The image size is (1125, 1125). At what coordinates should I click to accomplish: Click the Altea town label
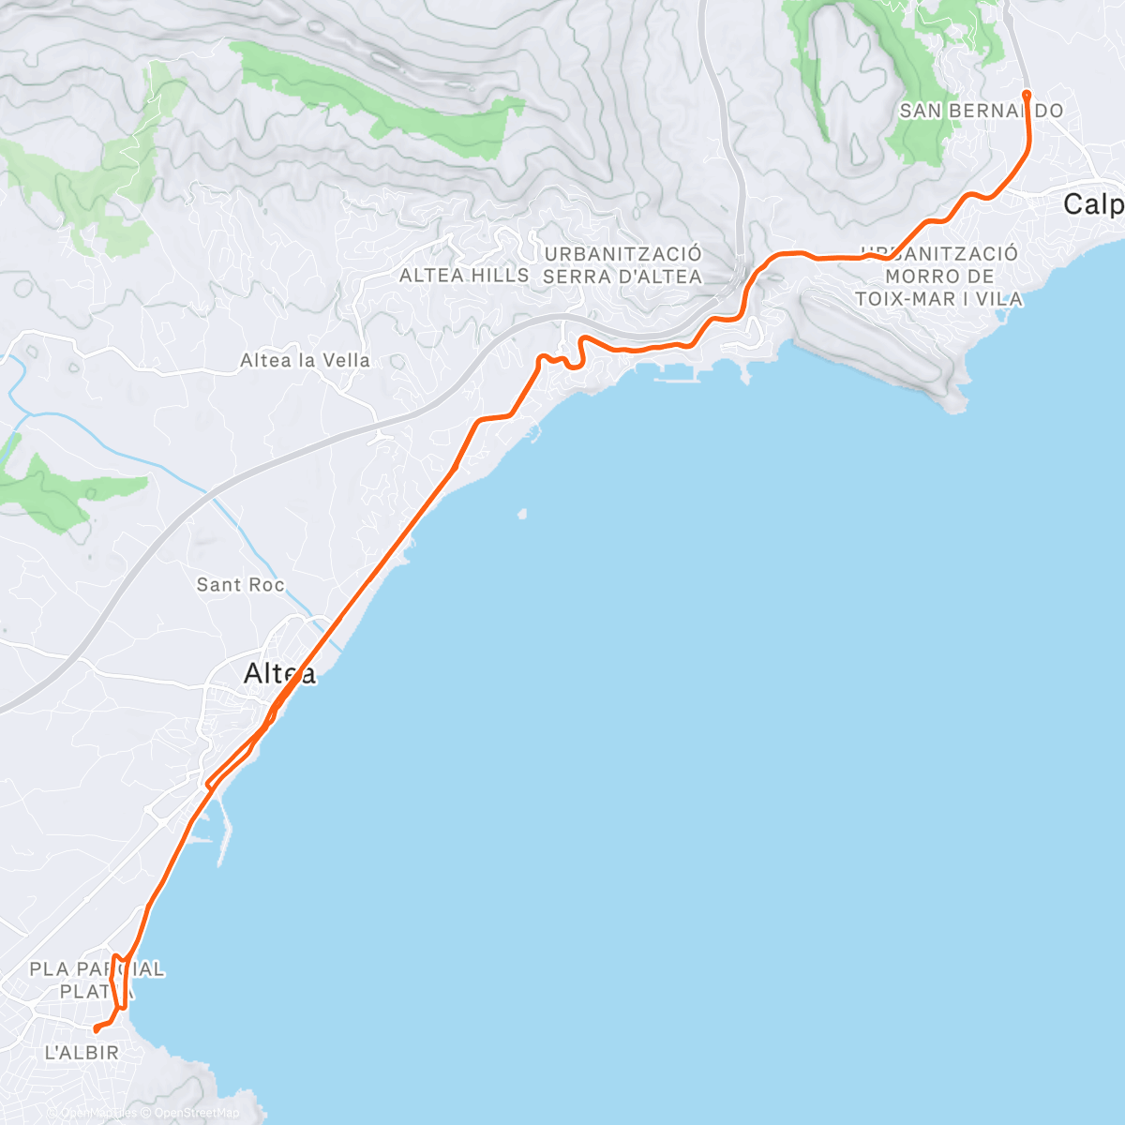[279, 673]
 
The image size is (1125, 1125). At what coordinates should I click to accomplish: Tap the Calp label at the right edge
[1093, 204]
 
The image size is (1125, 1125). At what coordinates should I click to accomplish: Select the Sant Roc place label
[240, 585]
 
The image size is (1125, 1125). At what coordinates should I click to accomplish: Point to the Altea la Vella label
[305, 360]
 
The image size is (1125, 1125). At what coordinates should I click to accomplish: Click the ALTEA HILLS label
[464, 276]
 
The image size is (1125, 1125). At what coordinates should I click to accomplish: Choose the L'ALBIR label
[82, 1053]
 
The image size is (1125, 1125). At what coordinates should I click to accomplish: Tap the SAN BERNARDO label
[981, 111]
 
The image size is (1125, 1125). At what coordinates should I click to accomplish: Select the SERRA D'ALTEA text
[622, 277]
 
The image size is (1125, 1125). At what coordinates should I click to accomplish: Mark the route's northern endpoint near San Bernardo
[1027, 94]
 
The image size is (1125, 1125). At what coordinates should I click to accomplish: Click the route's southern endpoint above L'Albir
[97, 1030]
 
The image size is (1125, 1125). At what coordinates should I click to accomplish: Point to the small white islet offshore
[521, 513]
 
